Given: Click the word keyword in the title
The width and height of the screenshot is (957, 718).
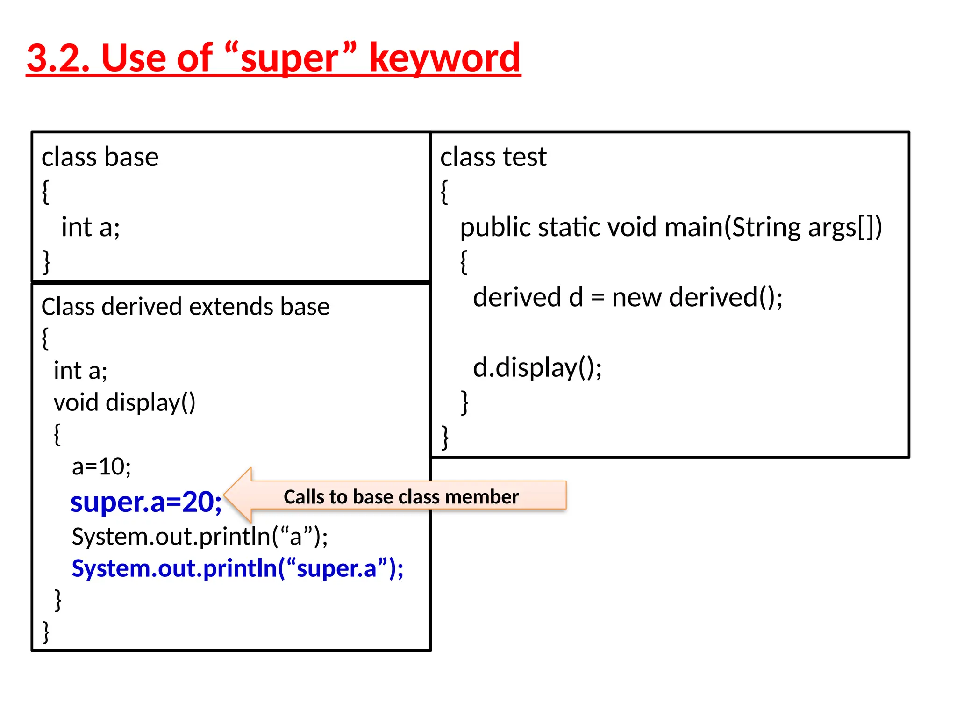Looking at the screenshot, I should coord(444,58).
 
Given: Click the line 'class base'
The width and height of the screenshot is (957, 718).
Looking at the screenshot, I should coord(100,157).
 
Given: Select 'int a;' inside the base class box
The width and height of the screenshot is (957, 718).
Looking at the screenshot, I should coord(91,228).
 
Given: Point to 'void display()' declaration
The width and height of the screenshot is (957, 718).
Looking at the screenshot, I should coord(124,402).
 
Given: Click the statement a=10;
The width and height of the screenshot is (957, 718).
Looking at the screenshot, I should coord(101,467).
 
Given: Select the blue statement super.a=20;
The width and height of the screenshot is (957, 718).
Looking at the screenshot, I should coord(146,502).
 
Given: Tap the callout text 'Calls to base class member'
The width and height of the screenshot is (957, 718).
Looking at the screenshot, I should coord(401,497).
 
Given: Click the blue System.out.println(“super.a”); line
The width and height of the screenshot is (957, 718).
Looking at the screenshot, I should coord(237,569).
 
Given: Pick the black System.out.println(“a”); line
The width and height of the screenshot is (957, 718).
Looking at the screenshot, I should coord(200,537).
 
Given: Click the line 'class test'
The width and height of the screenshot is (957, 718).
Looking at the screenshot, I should coord(493,157).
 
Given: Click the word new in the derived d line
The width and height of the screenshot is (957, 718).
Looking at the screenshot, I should coord(636,298).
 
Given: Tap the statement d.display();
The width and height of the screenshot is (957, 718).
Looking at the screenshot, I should coord(537,368).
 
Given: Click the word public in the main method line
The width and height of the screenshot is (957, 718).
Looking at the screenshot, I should coord(495,228).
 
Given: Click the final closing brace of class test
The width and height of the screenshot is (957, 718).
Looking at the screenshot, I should coord(445,438).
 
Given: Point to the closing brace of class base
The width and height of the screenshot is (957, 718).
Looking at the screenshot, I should coord(46,262).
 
